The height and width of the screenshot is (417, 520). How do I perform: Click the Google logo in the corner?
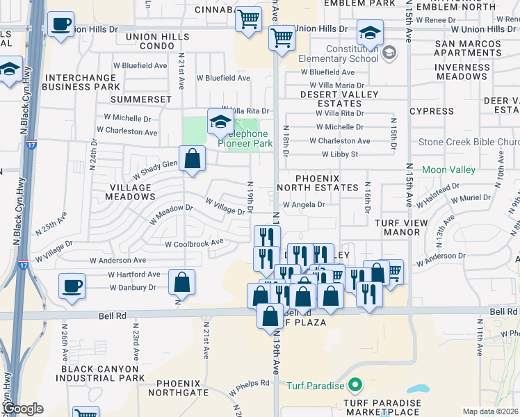click(22, 409)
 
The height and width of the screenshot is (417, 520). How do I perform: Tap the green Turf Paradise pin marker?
click(355, 384)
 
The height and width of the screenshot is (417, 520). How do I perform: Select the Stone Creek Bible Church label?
click(468, 142)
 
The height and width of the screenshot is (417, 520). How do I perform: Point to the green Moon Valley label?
click(448, 170)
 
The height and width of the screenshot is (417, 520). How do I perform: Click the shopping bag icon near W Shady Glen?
click(193, 159)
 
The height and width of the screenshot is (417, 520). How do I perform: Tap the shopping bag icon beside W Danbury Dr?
click(181, 283)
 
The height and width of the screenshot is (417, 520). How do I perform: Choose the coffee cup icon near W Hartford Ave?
click(72, 286)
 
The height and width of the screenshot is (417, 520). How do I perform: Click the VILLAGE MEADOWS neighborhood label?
click(129, 193)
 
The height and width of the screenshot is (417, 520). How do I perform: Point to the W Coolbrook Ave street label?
click(194, 243)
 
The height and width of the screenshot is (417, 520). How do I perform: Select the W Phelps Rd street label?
click(249, 384)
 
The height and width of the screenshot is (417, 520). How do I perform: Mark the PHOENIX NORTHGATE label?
click(182, 388)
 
